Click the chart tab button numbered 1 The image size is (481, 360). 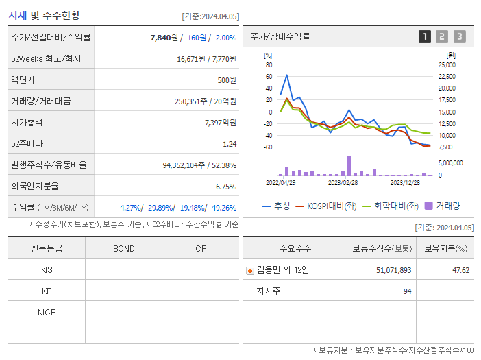point(425,36)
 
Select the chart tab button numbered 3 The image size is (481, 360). point(460,36)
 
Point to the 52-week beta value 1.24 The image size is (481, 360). point(230,143)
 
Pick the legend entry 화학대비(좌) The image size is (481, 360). point(391,206)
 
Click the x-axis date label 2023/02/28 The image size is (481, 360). point(343,183)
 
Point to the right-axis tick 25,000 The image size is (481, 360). point(446,64)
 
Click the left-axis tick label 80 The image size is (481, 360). point(269,64)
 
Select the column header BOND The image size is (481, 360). point(123,248)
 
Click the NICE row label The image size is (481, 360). point(47,312)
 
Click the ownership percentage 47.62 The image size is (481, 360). point(460,270)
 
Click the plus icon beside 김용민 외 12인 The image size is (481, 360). point(250,270)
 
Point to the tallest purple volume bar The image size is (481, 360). point(349,166)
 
